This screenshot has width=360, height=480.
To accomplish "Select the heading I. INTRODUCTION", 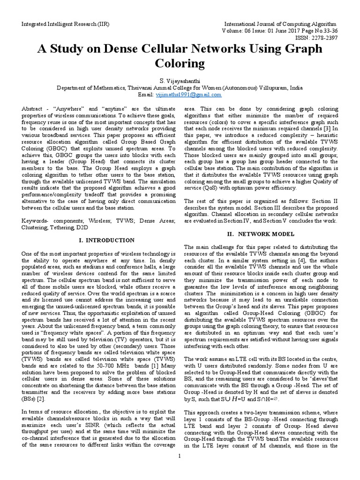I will tap(106, 240).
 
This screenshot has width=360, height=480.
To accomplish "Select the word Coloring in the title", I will tap(180, 63).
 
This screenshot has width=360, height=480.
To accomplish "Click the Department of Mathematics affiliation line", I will tap(180, 88).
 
